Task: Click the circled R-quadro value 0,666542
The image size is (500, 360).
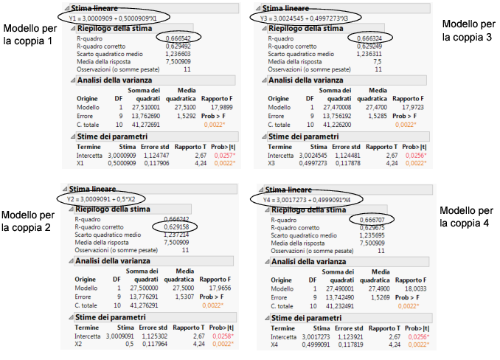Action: (174, 37)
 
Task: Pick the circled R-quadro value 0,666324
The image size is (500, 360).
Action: (369, 37)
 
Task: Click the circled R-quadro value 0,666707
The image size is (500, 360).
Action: (369, 220)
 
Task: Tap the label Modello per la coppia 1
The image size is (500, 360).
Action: (27, 35)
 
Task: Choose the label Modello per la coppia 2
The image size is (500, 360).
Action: (27, 221)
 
